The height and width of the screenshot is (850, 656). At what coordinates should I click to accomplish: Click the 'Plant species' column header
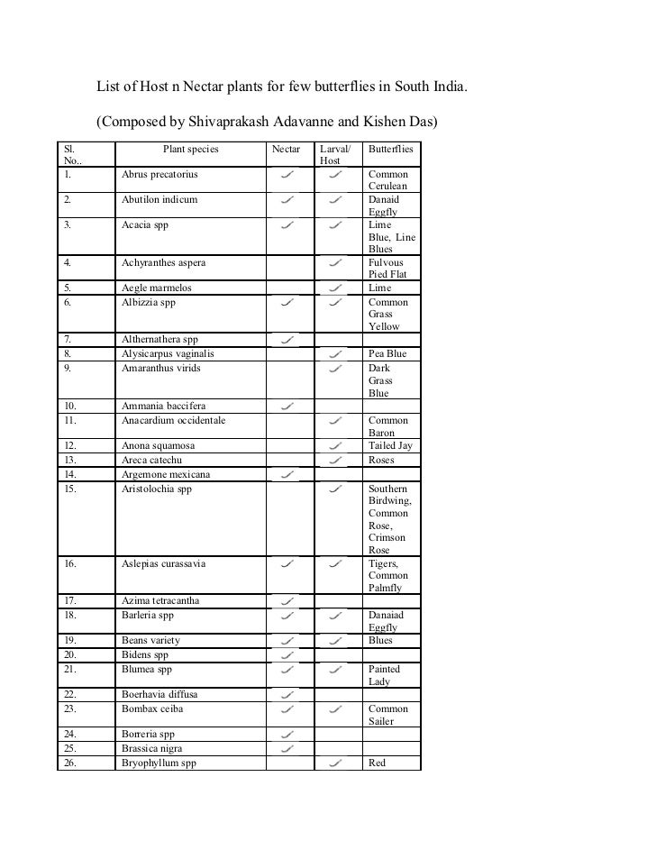coord(190,148)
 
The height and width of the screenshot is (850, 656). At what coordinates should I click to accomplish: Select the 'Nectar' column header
coord(287,148)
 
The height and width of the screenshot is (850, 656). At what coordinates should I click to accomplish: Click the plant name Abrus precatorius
coord(159,173)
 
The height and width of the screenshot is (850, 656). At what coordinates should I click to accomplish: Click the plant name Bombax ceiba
coord(150,709)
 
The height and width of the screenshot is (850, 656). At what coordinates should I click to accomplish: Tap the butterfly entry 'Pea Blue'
coord(387,354)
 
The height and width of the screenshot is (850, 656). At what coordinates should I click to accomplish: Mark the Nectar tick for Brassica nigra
coord(288,749)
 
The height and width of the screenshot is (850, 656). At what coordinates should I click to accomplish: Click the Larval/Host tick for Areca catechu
coord(336,461)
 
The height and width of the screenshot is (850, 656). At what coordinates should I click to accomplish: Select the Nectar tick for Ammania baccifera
coord(288,407)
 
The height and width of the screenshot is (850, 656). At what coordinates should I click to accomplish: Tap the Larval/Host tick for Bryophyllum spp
coord(336,763)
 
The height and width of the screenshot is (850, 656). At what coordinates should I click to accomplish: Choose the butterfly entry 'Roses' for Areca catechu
coord(381,460)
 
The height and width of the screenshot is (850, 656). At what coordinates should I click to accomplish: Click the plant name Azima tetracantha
coord(160,601)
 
